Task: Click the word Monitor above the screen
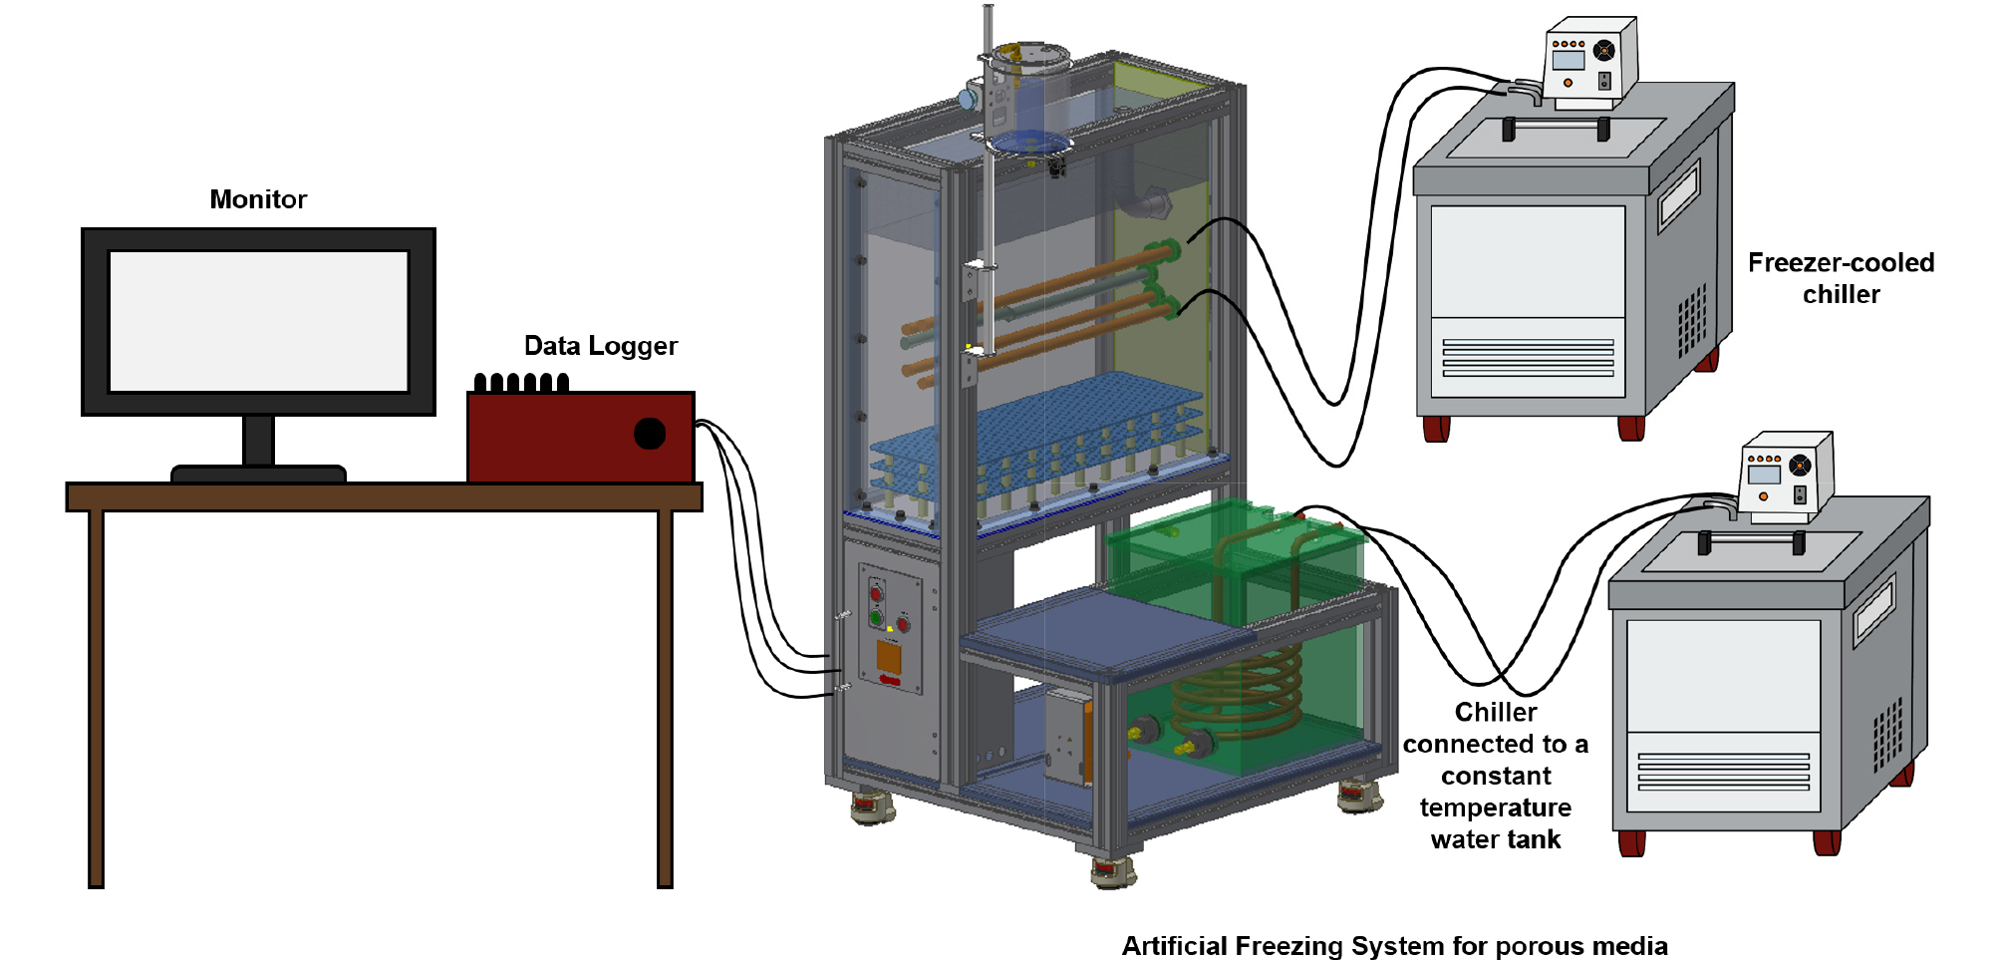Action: coord(258,199)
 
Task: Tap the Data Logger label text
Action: coord(600,346)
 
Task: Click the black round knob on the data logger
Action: coord(650,434)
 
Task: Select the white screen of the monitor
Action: coord(258,321)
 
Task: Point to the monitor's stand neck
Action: coord(258,441)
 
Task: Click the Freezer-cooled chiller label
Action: coord(1841,278)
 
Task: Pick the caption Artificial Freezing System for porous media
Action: coord(1394,945)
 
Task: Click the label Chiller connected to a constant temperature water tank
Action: coord(1495,776)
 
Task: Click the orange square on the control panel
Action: coord(888,657)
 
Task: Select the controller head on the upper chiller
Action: coord(1590,62)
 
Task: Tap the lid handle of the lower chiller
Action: coord(1751,540)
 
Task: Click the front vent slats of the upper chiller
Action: coord(1528,358)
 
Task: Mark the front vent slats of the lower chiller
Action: coord(1723,772)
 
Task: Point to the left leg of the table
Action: coord(97,698)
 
